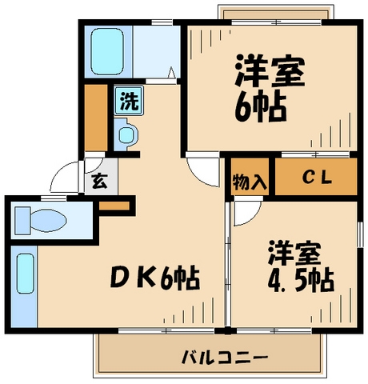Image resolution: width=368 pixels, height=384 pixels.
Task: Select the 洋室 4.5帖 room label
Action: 300,268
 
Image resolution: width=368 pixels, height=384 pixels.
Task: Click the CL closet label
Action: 316,178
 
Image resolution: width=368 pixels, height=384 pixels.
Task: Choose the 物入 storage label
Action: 249,179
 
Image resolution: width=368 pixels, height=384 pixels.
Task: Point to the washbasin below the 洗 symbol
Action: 127,133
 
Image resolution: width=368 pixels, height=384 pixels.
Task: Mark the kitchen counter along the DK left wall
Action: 24,288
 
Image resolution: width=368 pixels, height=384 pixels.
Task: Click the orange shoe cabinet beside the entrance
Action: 114,206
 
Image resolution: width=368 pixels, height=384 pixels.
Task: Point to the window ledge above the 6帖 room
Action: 274,14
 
